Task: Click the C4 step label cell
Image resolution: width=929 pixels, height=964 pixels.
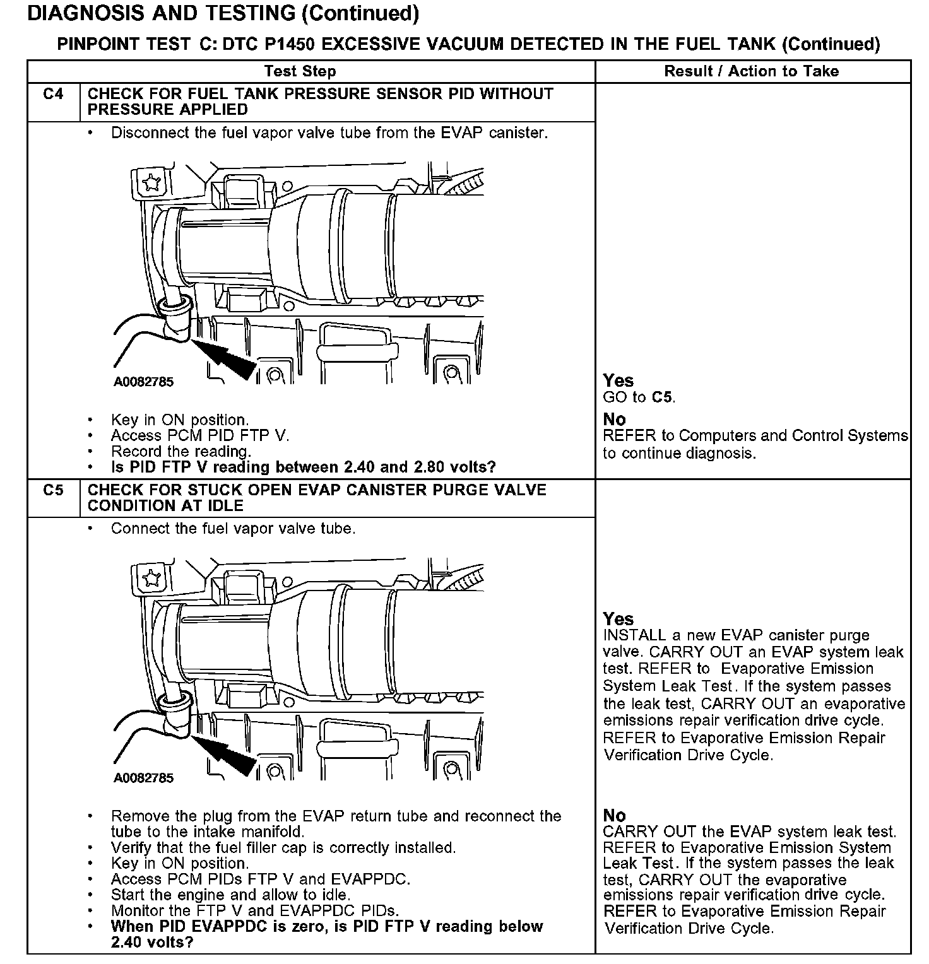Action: [x=54, y=95]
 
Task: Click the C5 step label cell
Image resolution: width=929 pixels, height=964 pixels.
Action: [x=54, y=490]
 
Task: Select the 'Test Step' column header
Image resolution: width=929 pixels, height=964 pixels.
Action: [x=300, y=71]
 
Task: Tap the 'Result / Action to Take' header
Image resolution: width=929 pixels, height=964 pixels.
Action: [x=751, y=71]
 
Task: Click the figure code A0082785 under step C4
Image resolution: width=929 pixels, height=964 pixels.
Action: [x=143, y=382]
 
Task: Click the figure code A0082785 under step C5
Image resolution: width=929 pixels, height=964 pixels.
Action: [x=143, y=778]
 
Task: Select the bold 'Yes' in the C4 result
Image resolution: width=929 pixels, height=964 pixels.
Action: [x=618, y=380]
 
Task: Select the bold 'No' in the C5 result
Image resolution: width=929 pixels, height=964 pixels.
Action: [x=614, y=815]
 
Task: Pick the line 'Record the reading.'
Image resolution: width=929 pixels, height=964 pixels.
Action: [x=181, y=452]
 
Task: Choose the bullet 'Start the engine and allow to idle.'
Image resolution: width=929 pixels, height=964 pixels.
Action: [x=230, y=895]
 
